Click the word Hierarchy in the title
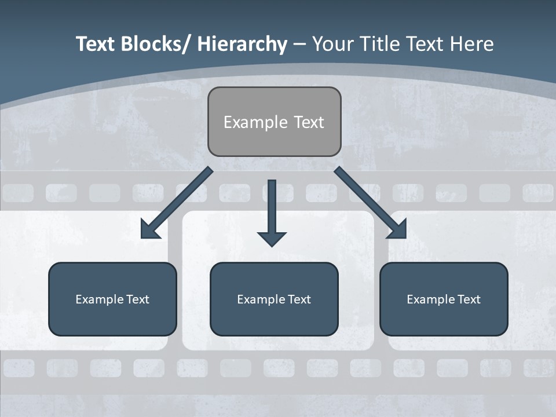click(242, 44)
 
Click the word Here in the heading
click(472, 44)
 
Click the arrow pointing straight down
click(272, 209)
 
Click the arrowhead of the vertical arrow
click(272, 238)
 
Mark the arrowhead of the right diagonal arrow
click(398, 231)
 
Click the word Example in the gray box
click(247, 122)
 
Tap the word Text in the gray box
click(309, 122)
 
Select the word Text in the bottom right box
click(469, 299)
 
